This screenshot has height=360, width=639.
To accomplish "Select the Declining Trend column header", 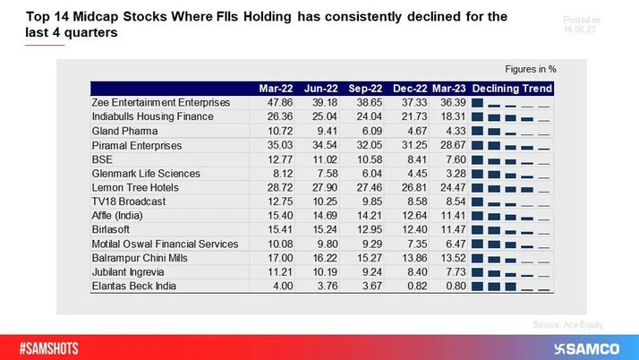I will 512,89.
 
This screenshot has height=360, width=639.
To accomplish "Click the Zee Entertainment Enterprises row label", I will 160,103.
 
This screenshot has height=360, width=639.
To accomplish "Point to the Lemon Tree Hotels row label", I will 135,187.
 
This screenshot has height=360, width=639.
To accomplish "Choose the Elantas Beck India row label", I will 135,286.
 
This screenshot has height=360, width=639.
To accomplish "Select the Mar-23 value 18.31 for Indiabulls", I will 450,116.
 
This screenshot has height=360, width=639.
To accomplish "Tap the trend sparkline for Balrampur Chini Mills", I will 512,257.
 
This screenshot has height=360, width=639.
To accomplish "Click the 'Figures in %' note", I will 531,69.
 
